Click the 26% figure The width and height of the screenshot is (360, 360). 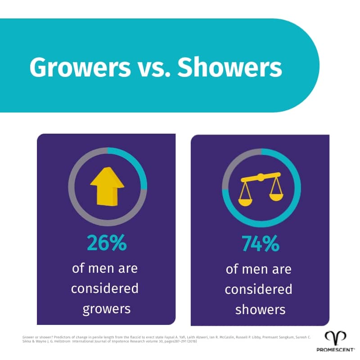(x=107, y=243)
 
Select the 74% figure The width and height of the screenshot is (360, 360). (x=261, y=244)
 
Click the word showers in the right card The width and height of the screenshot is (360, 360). (x=261, y=309)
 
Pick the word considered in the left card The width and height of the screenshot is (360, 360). (x=107, y=288)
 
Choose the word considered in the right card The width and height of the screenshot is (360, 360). (x=261, y=289)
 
